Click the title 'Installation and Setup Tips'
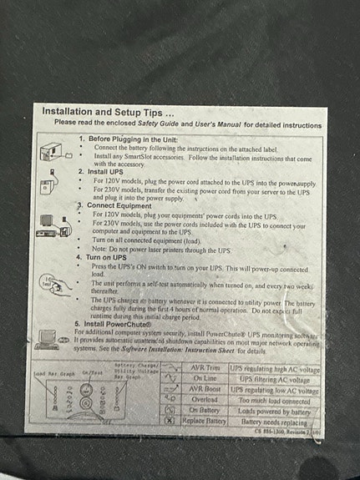(108, 111)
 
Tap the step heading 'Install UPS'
(104, 170)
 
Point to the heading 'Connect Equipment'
(116, 205)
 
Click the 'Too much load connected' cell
(276, 401)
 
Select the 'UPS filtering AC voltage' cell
(276, 380)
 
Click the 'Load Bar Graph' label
(51, 373)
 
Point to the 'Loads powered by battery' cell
(276, 412)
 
